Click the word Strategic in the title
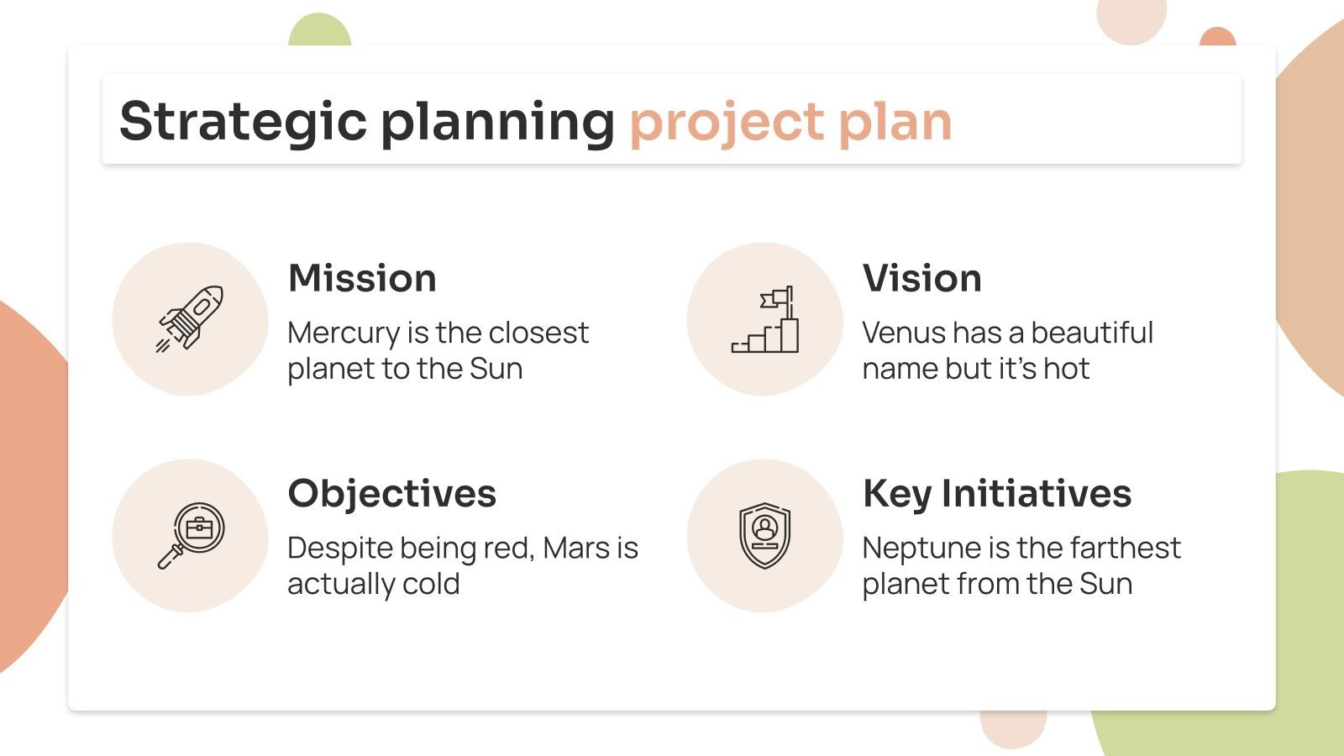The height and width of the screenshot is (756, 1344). (x=243, y=122)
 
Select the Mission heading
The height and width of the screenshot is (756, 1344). (x=362, y=278)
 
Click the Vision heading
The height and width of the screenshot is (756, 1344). (x=921, y=278)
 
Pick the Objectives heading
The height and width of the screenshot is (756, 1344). (x=391, y=493)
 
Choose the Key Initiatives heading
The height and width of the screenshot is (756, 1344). (x=996, y=493)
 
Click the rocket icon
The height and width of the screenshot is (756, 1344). (x=190, y=318)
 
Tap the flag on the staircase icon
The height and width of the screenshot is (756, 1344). (x=774, y=298)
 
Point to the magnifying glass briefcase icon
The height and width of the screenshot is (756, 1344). (x=191, y=534)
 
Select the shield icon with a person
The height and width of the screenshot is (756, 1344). (x=764, y=534)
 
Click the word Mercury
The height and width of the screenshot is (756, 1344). (x=343, y=333)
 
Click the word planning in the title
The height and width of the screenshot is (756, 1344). (x=497, y=122)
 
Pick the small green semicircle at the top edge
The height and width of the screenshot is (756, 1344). (x=319, y=31)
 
